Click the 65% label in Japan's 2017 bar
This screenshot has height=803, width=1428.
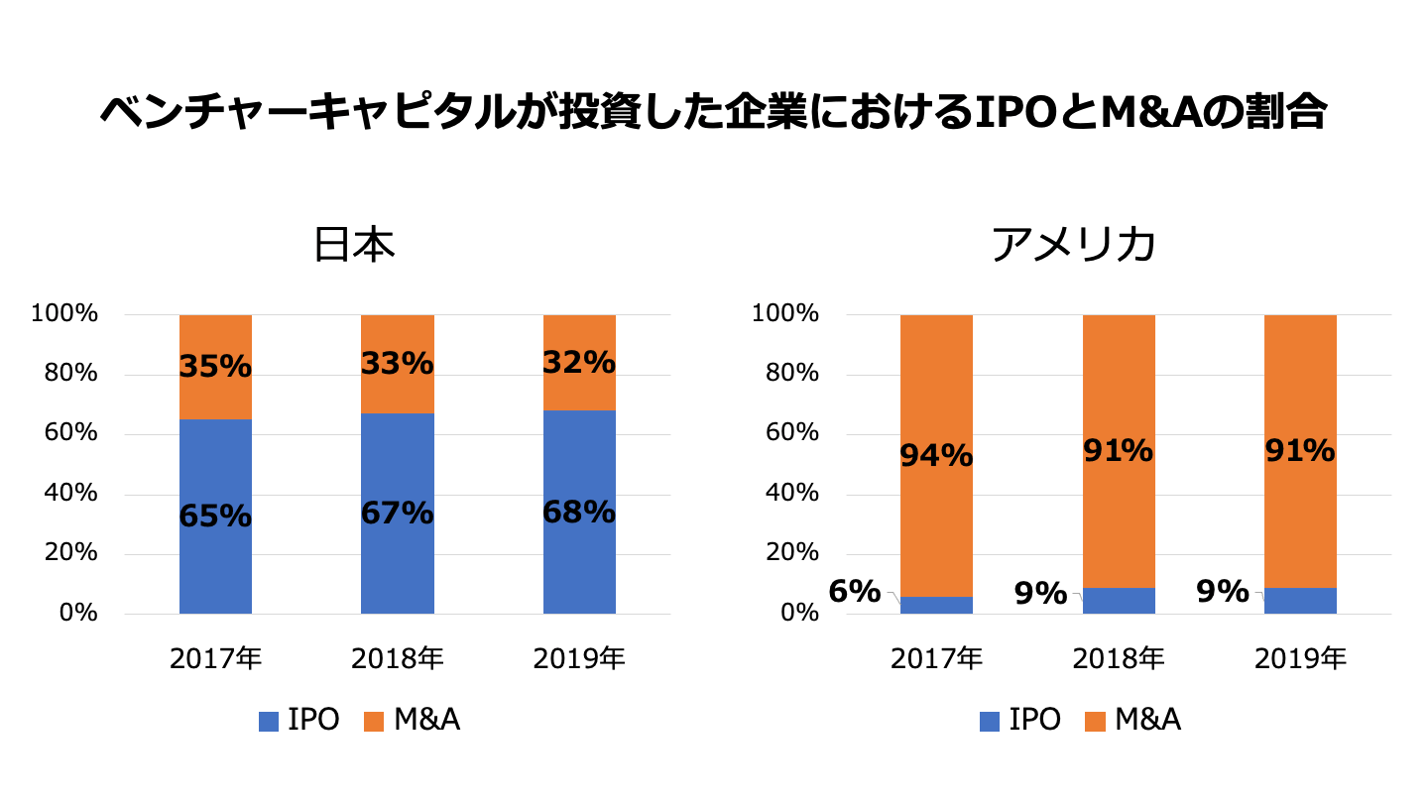tap(215, 516)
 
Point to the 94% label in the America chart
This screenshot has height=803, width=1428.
tap(936, 456)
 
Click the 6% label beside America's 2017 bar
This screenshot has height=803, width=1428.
tap(855, 592)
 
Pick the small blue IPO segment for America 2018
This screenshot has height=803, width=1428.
tap(1119, 601)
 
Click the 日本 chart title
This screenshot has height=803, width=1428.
tap(354, 246)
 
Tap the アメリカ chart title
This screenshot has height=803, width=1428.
tap(1074, 246)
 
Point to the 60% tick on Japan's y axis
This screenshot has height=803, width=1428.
tap(64, 433)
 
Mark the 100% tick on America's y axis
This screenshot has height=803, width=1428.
tap(785, 314)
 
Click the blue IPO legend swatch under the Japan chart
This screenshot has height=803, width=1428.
tap(268, 722)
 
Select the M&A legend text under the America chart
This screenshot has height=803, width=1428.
tap(1147, 721)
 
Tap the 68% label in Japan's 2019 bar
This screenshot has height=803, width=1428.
tap(579, 513)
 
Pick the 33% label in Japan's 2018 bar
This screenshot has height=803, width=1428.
tap(397, 364)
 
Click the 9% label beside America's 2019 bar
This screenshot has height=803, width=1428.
tap(1222, 592)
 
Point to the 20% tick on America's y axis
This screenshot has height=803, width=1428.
tap(790, 553)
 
